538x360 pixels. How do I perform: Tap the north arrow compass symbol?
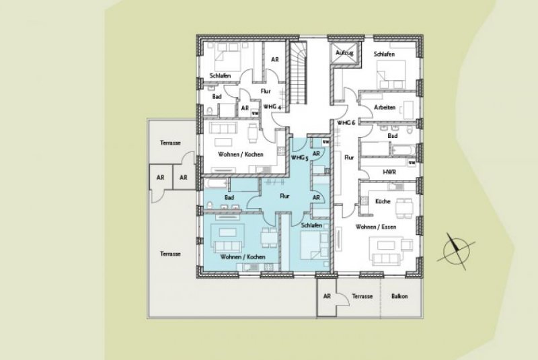click(x=455, y=250)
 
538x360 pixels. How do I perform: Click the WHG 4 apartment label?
click(x=270, y=106)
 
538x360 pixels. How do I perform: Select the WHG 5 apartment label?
click(x=299, y=157)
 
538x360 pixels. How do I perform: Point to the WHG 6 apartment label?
click(x=346, y=122)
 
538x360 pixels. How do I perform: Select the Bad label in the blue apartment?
click(x=229, y=197)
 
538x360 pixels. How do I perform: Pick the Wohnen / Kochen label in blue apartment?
click(x=242, y=258)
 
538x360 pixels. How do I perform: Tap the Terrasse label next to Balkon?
click(x=362, y=296)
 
